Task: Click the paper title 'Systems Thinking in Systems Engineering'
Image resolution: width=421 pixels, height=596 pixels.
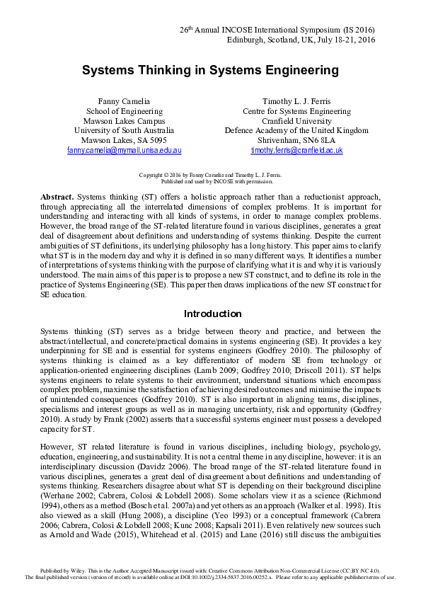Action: tap(210, 71)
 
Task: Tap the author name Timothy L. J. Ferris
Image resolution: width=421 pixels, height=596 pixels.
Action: tap(296, 101)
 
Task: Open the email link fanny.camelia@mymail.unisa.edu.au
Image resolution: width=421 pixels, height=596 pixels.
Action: tap(124, 151)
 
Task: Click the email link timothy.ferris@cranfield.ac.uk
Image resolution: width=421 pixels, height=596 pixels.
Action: tap(296, 151)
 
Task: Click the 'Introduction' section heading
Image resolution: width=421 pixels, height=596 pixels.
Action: tap(212, 314)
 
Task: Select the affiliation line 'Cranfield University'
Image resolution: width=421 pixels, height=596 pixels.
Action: tap(296, 121)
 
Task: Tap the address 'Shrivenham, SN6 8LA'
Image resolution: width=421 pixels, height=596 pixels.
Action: tap(296, 141)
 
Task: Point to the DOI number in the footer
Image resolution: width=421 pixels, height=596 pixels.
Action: tap(251, 577)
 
